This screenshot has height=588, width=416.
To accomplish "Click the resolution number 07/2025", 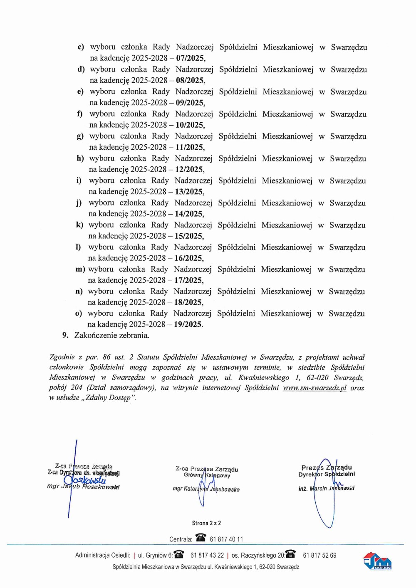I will (190, 58).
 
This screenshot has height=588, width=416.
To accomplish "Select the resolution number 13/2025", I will (189, 192).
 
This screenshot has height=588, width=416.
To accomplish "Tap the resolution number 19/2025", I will (188, 324).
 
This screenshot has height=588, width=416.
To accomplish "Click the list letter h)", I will (80, 158).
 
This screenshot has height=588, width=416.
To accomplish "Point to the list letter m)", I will (80, 269).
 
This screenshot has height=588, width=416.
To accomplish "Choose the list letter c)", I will (81, 47).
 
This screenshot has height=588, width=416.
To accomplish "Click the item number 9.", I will (65, 335).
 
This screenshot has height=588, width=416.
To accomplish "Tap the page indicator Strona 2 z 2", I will (206, 523).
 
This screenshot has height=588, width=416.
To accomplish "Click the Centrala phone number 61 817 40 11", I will (226, 539).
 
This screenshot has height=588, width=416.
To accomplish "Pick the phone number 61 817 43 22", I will (207, 555).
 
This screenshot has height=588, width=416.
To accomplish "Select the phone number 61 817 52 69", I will (319, 555).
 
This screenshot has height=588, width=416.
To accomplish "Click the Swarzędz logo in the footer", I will (377, 561).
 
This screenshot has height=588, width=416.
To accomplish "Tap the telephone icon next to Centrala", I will (201, 538).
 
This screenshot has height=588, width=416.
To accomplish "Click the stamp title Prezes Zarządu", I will (327, 467).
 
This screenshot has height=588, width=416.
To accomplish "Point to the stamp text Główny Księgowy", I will (207, 475).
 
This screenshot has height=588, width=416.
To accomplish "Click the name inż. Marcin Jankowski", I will (326, 488).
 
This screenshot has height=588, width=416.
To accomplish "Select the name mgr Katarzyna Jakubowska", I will (206, 489).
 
